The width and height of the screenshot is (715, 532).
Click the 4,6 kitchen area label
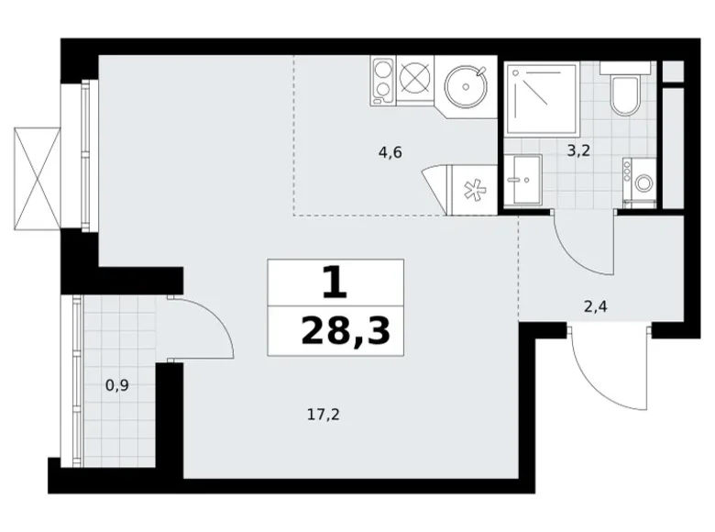[390, 152]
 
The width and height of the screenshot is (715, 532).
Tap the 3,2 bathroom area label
[578, 150]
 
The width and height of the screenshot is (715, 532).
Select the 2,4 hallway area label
[596, 306]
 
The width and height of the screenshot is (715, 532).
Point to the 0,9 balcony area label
[117, 386]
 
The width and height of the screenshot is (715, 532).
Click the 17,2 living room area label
[324, 415]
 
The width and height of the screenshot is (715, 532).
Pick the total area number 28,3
[346, 332]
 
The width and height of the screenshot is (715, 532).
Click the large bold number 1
[335, 283]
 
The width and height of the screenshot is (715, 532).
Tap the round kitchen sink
[466, 87]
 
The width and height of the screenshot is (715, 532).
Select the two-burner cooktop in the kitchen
[383, 81]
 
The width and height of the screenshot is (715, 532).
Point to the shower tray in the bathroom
[542, 99]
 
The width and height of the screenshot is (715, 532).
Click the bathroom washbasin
[523, 179]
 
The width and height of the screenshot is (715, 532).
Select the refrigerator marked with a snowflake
[471, 190]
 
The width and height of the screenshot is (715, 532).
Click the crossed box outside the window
[38, 178]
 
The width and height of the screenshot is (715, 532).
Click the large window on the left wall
[86, 156]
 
